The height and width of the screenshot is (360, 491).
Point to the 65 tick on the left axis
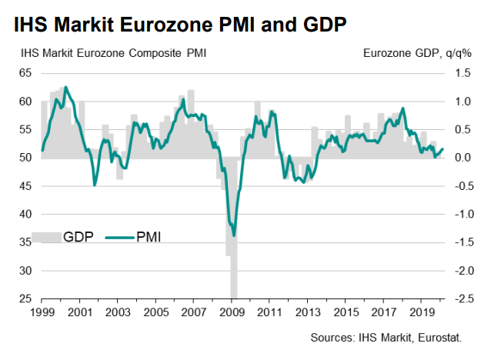[x=25, y=72]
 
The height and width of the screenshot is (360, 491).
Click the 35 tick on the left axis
[x=25, y=242]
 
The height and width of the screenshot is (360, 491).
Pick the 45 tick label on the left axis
[x=25, y=185]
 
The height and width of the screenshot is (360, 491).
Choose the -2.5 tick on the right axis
[x=461, y=298]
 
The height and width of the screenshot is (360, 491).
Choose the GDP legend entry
[x=78, y=236]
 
